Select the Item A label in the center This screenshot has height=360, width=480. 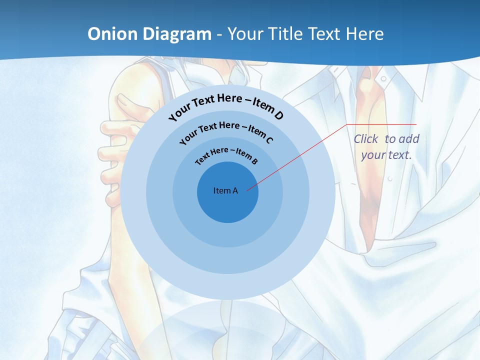coord(225,190)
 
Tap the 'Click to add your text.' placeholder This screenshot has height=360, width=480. coord(386,147)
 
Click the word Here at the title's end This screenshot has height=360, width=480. coord(363,34)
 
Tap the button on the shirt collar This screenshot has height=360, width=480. coord(382,79)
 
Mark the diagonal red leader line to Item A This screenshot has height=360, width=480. coord(300,155)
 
